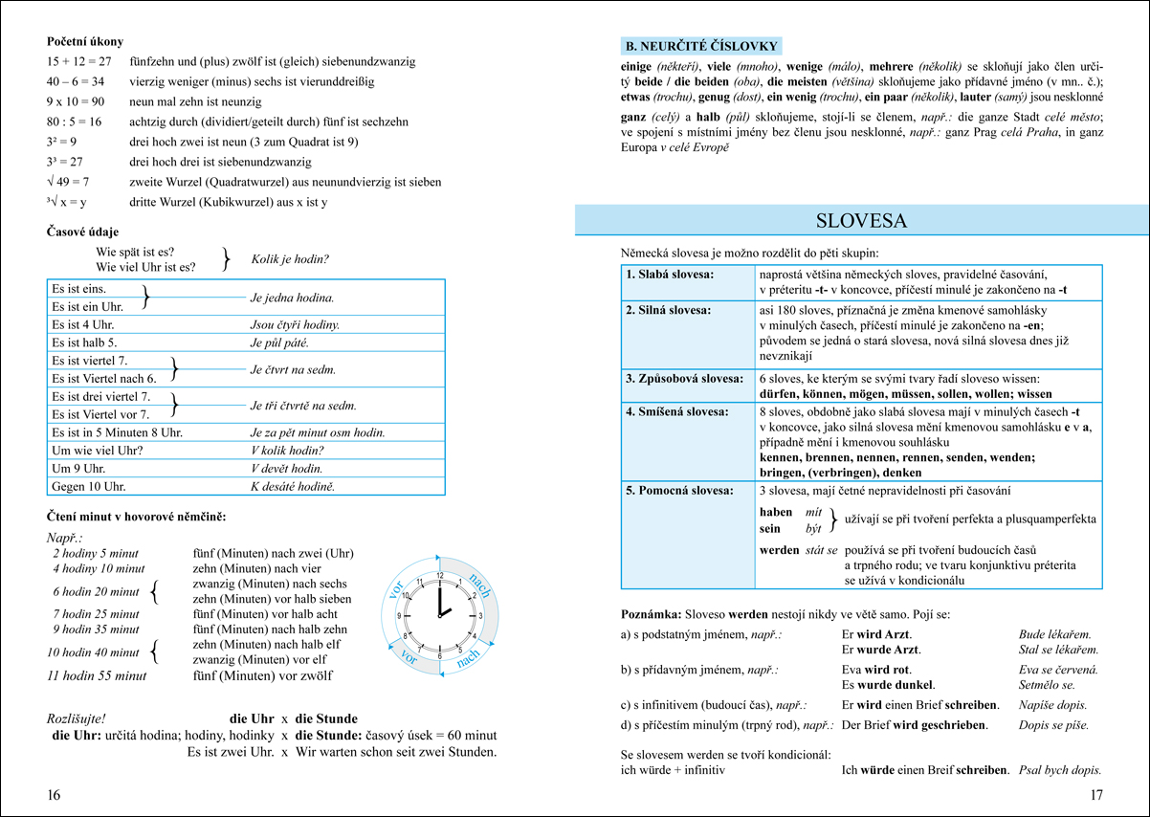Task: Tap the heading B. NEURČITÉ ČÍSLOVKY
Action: [x=700, y=46]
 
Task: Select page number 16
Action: [x=54, y=795]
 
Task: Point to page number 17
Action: [x=1096, y=795]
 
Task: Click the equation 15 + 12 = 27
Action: [x=79, y=61]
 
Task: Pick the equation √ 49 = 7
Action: [x=69, y=182]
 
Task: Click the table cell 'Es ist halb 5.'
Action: [x=85, y=342]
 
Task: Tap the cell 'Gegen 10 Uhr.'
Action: [x=89, y=486]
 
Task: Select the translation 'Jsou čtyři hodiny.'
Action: [x=295, y=324]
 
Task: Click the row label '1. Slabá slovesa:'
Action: [x=670, y=275]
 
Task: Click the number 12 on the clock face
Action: [x=440, y=575]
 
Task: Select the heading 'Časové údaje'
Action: [x=83, y=232]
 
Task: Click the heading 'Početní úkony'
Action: [x=85, y=42]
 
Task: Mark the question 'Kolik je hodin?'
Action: [x=290, y=259]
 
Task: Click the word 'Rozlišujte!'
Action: [x=76, y=718]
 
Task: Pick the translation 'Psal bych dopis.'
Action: [x=1060, y=769]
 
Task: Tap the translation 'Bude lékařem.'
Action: [x=1055, y=633]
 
